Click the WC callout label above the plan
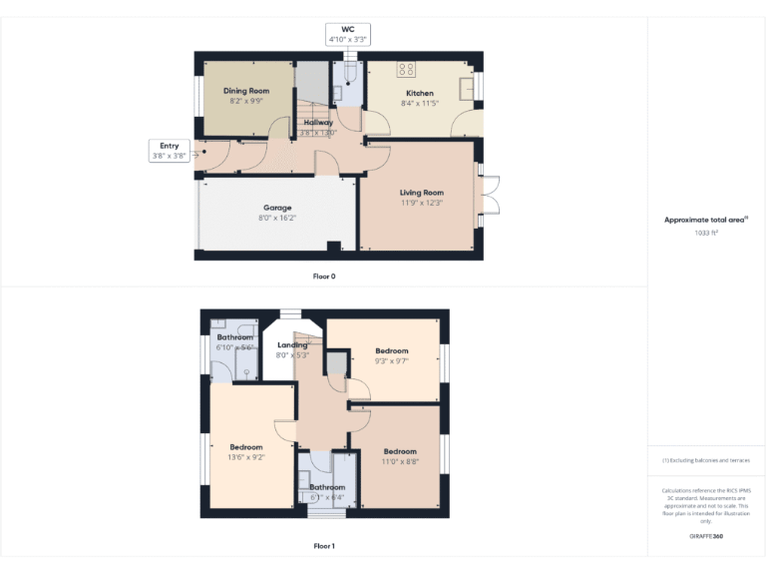tap(348, 29)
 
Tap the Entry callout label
tap(169, 146)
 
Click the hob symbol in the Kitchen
tap(406, 70)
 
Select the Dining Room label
tap(245, 91)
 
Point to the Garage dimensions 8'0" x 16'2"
tap(277, 218)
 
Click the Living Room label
tap(421, 193)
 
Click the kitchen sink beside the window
tap(466, 89)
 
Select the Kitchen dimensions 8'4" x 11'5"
tap(419, 103)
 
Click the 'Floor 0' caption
tap(324, 276)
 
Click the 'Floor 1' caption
tap(324, 546)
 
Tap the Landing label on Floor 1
tap(292, 345)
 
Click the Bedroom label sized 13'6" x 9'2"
tap(245, 447)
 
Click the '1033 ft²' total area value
tap(706, 232)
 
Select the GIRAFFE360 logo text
tap(706, 537)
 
